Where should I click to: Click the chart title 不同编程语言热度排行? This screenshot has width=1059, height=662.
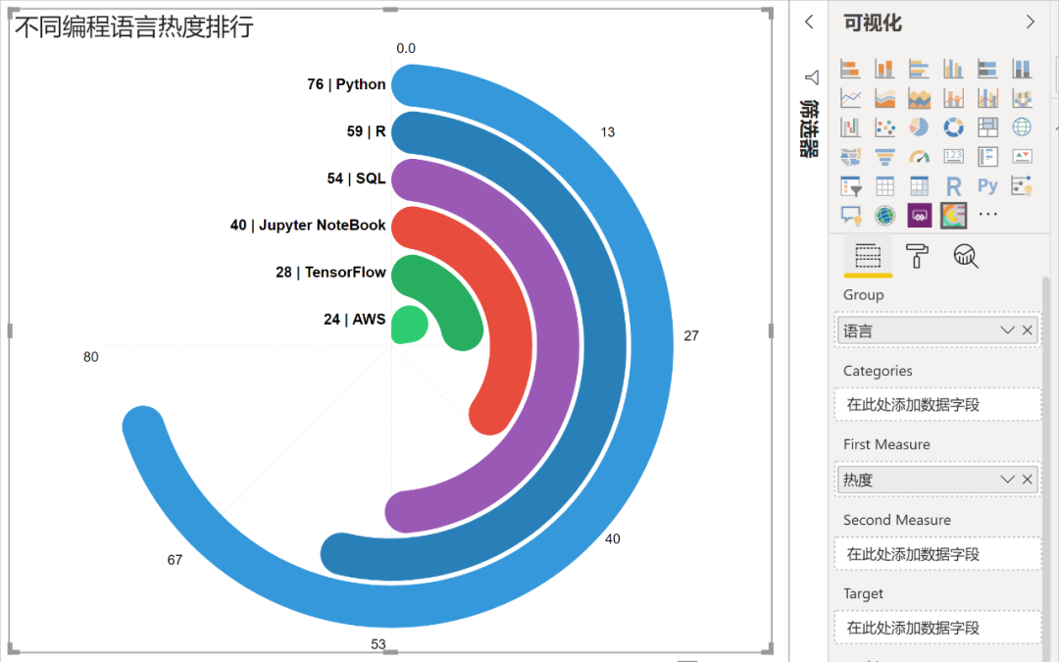coord(133,26)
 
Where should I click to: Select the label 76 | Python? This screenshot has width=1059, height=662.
coord(346,84)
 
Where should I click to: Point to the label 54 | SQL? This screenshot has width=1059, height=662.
coord(356,178)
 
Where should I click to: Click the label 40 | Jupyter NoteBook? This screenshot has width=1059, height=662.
coord(308,226)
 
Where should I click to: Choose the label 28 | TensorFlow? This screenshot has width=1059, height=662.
coord(330,273)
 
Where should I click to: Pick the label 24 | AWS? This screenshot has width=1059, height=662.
coord(354,320)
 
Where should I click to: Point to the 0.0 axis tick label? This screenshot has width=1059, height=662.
coord(406,48)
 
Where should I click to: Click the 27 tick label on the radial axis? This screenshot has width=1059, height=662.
coord(691,335)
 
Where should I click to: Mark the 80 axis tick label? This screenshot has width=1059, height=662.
coord(91,357)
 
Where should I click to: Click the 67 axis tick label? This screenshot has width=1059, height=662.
coord(175,560)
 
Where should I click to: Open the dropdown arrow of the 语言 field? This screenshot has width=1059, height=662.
coord(1007,331)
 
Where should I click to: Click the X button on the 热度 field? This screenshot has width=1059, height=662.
coord(1028,479)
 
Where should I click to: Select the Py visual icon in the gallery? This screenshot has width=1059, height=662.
coord(987,185)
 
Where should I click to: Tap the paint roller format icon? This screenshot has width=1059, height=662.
coord(917,256)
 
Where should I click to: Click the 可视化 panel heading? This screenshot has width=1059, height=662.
coord(873,24)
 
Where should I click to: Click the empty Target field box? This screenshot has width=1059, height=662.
coord(936,628)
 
